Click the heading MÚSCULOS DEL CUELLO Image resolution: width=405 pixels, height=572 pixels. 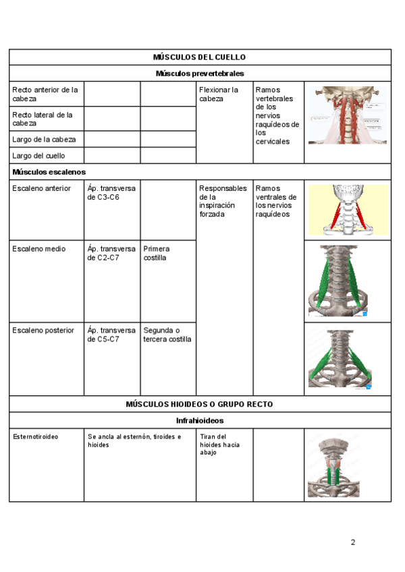200,57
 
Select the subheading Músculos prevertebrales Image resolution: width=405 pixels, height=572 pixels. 200,74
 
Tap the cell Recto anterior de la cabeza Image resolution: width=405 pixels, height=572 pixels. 45,94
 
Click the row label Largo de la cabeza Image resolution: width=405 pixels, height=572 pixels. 44,140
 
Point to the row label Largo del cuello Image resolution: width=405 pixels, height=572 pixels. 39,156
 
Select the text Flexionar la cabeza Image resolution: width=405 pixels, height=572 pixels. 219,94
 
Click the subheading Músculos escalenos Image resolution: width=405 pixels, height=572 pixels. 49,172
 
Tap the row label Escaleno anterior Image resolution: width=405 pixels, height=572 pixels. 41,188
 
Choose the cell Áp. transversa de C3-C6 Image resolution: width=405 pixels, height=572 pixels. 111,193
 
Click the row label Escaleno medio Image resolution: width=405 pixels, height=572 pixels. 39,249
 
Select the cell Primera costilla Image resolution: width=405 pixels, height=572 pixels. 156,253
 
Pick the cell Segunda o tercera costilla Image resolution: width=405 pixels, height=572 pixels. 167,335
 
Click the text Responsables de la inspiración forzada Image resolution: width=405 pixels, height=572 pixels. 223,201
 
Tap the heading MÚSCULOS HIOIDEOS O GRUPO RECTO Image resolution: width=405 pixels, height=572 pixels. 200,404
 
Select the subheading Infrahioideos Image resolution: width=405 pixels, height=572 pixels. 200,420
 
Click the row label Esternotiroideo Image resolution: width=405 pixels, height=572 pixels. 36,436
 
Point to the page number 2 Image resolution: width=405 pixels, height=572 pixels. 352,542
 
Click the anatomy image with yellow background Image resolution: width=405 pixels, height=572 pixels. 348,210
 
